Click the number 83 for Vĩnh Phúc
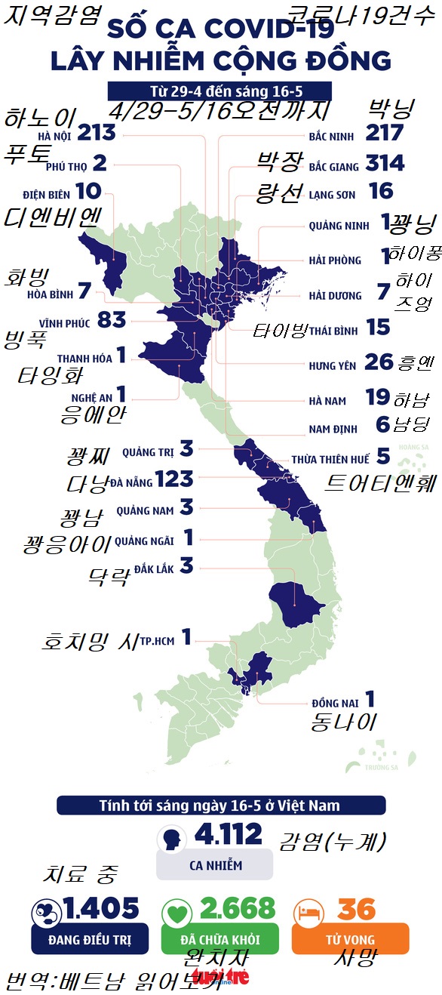pyautogui.click(x=112, y=320)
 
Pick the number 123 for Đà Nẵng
pyautogui.click(x=173, y=479)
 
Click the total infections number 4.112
pyautogui.click(x=228, y=834)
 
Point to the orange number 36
pyautogui.click(x=357, y=909)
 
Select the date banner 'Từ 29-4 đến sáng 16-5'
pyautogui.click(x=220, y=91)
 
